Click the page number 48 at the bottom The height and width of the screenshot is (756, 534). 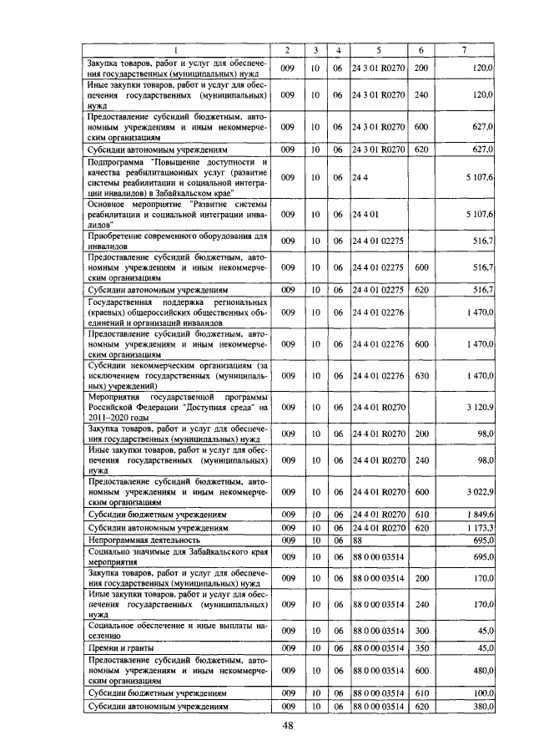point(288,725)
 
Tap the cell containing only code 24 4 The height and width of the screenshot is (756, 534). point(360,177)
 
